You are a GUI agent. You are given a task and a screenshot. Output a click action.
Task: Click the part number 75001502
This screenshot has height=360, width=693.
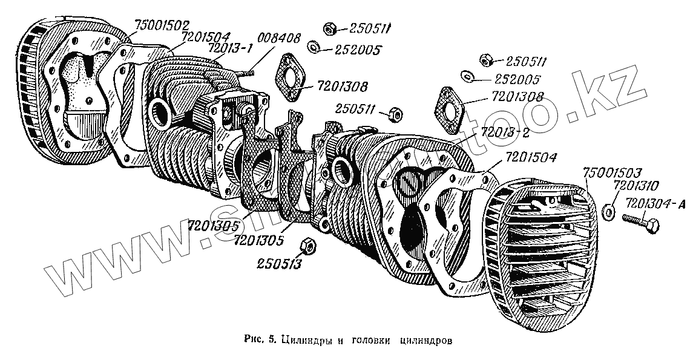[x=162, y=25]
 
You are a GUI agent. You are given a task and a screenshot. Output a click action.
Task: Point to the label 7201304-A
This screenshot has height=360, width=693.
[x=656, y=204]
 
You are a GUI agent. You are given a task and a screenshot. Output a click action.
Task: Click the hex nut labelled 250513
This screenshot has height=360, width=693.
[x=307, y=245]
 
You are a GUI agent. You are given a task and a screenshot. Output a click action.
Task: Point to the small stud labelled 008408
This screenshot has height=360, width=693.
[x=246, y=73]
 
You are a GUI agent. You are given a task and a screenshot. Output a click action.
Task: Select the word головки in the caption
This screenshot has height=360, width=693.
[x=368, y=339]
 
